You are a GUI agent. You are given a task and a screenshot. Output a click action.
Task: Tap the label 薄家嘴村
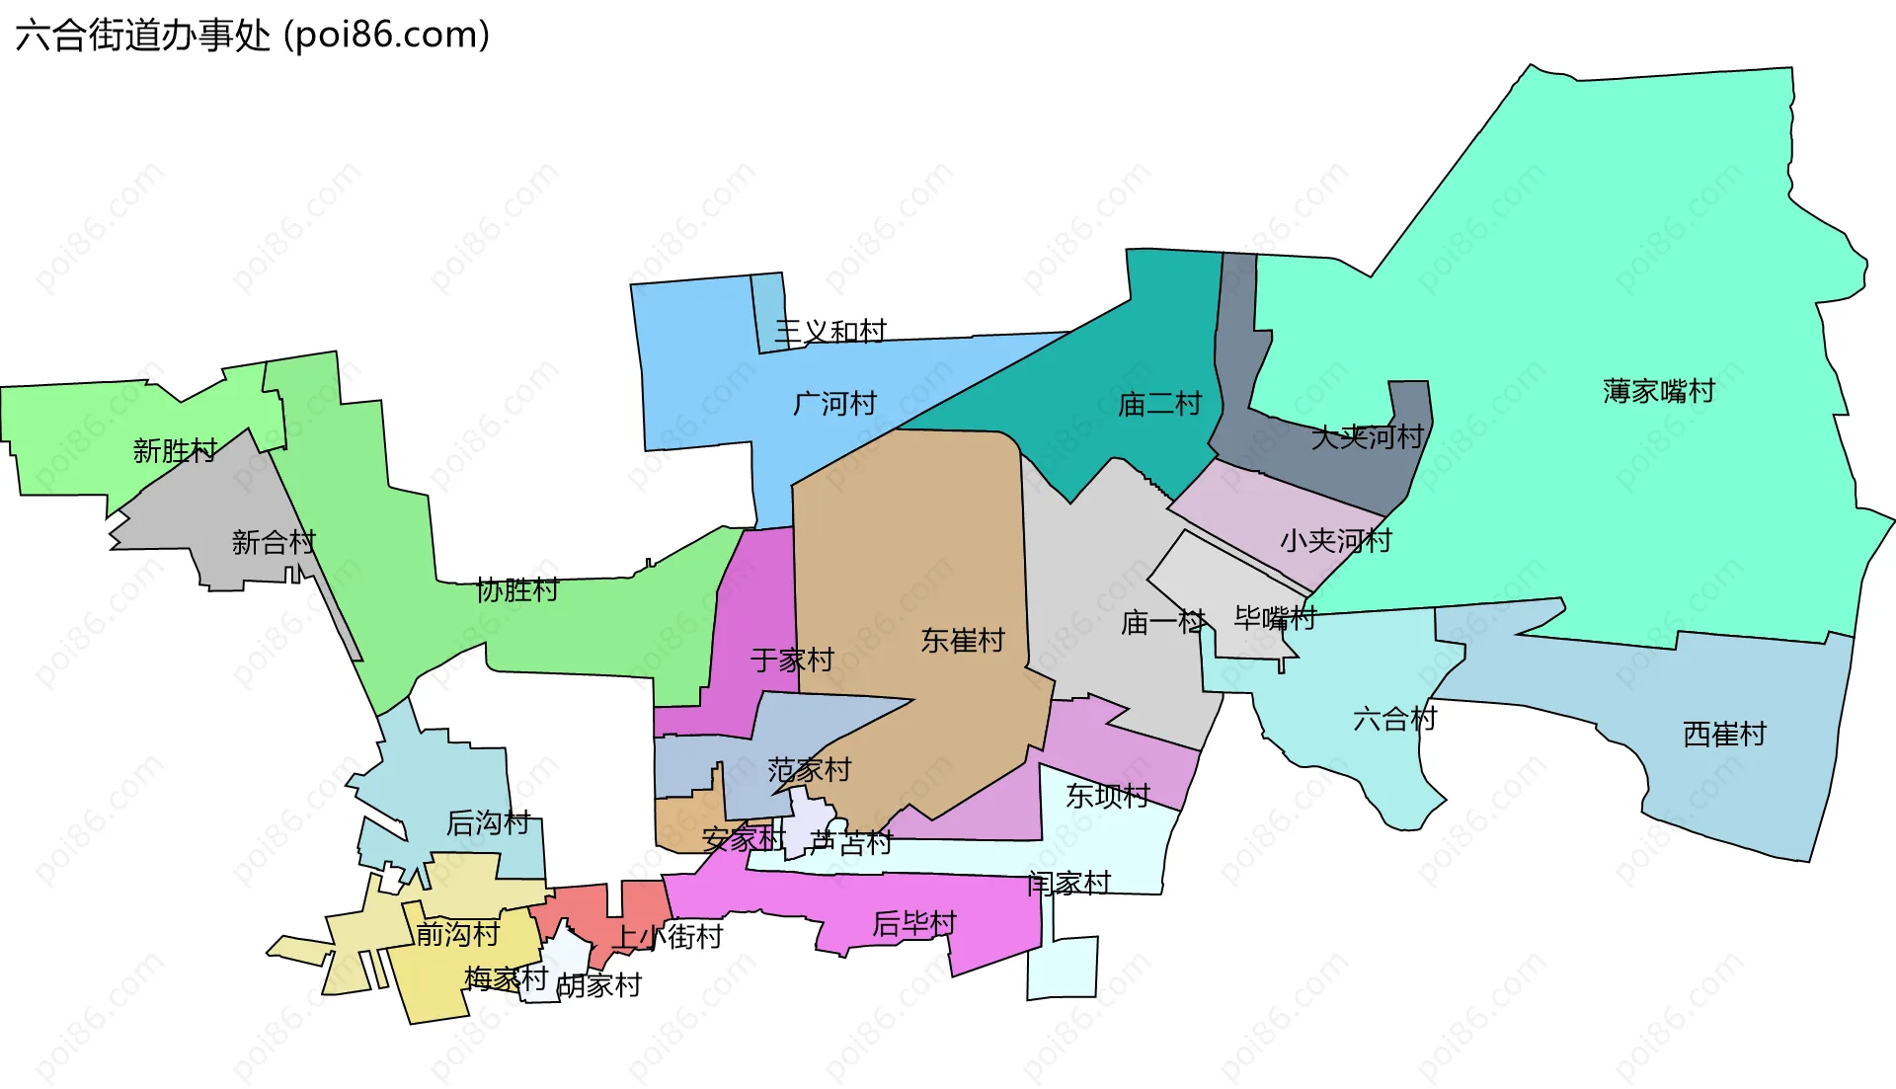(x=1658, y=391)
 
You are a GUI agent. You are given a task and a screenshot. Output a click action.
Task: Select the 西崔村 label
(x=1724, y=734)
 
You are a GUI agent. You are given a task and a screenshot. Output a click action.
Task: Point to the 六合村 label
(x=1394, y=718)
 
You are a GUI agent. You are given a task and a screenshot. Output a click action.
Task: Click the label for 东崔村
(x=963, y=640)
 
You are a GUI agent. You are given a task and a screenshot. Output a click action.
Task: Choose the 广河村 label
(x=834, y=403)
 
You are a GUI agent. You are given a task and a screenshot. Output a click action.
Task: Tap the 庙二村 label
(x=1159, y=403)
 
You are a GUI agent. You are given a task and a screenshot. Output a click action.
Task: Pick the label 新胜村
(x=175, y=450)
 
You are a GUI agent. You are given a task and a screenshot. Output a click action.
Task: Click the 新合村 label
(x=274, y=541)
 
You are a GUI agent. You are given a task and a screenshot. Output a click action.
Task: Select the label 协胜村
(x=517, y=589)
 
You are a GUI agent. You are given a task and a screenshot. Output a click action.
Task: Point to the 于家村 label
(x=792, y=659)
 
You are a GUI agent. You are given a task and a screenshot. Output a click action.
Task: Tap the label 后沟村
(x=488, y=821)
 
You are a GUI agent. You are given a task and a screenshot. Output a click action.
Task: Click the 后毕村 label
(x=914, y=923)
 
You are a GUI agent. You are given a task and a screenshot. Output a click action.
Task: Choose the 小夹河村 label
(x=1335, y=540)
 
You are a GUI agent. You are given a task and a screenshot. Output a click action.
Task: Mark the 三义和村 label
(x=830, y=331)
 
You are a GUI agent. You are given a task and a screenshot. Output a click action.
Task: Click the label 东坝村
(x=1108, y=795)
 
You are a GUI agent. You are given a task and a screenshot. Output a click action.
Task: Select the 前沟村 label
(x=457, y=933)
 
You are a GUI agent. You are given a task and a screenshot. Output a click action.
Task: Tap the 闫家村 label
(x=1068, y=883)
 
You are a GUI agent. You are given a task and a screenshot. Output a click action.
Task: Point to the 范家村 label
(x=810, y=769)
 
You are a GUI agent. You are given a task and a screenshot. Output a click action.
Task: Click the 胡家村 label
(x=599, y=984)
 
